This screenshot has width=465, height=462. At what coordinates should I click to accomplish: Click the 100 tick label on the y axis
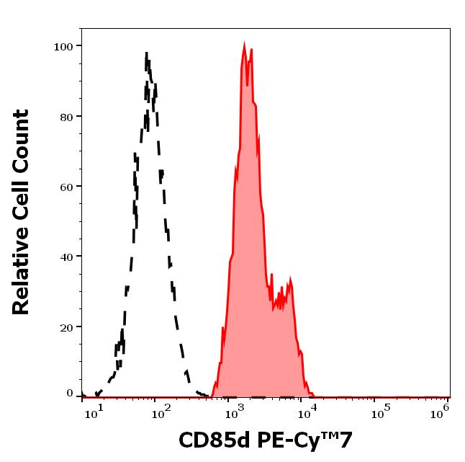(64, 46)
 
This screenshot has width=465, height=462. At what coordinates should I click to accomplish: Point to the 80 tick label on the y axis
(67, 116)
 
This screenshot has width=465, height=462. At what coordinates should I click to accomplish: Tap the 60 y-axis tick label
(67, 186)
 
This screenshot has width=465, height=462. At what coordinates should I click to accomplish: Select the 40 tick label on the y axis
(67, 257)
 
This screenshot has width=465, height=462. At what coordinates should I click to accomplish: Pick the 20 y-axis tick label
(67, 326)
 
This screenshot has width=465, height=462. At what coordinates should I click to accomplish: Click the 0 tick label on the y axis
(70, 394)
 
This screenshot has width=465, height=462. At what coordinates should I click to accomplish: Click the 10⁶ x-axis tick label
(442, 411)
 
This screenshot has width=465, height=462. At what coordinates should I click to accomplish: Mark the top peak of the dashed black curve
(146, 53)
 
